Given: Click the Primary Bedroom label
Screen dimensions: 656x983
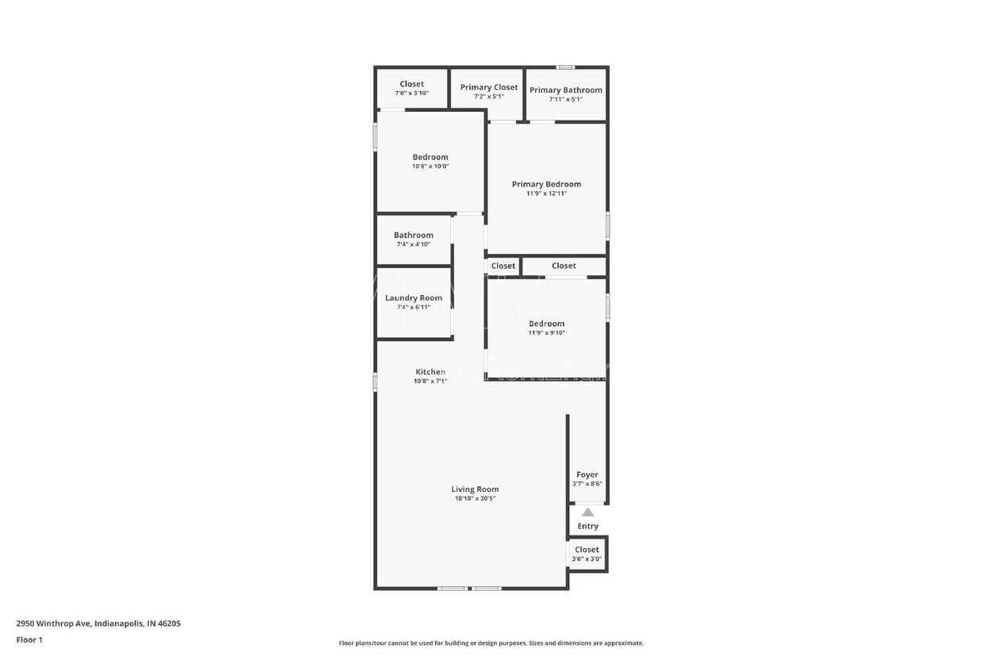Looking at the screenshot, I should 546,184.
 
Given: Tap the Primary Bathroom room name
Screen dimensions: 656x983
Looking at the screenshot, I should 565,90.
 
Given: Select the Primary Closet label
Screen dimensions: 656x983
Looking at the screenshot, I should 489,87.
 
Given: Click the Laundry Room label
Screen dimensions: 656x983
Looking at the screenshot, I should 414,298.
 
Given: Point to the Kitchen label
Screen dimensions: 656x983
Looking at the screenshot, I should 430,372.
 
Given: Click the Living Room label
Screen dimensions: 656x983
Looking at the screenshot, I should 475,489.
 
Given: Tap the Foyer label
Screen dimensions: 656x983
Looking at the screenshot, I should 587,474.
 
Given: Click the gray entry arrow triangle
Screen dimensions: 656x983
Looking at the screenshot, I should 587,512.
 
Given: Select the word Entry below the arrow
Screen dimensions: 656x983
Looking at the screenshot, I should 587,526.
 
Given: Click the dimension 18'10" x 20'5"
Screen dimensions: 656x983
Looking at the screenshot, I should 475,499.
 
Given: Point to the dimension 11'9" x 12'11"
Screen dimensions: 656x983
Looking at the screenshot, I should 546,194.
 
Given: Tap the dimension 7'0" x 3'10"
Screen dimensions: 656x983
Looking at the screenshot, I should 411,94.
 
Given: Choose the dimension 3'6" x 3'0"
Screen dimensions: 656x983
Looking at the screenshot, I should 587,559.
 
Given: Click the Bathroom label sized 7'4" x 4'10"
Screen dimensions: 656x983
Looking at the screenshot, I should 414,235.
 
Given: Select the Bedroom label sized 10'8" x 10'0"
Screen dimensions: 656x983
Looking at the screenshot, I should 430,157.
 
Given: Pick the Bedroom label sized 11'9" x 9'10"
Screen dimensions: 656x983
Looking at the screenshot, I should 547,324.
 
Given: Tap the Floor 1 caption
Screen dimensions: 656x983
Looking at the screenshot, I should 29,639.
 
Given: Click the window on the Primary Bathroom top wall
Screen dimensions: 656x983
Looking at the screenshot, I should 564,67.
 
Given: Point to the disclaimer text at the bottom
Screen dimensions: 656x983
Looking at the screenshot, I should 491,643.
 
